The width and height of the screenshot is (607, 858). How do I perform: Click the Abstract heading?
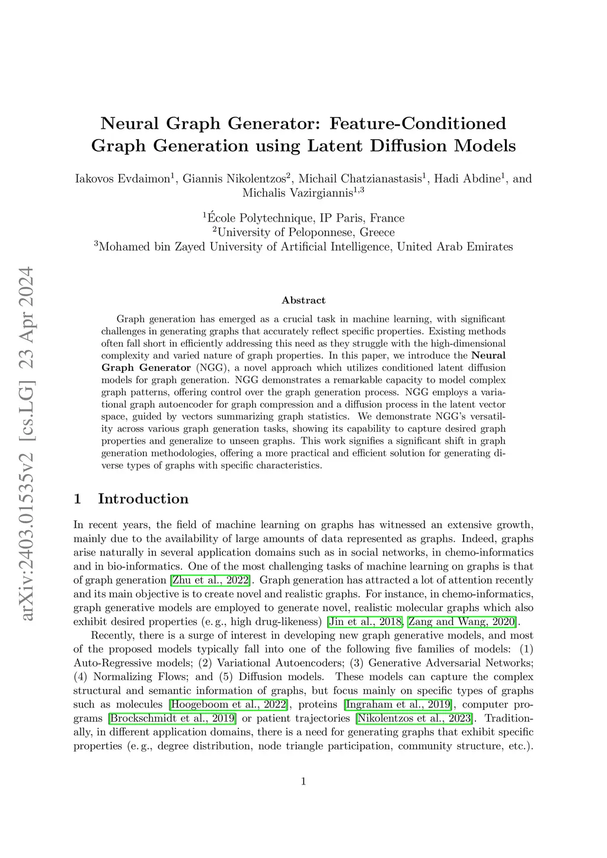[x=303, y=300]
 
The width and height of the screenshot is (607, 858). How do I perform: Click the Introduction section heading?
[x=143, y=499]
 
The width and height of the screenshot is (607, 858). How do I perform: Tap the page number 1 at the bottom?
[x=303, y=782]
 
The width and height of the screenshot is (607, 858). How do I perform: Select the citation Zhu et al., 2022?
[x=210, y=580]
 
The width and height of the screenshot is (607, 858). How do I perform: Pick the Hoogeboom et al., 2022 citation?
[x=229, y=705]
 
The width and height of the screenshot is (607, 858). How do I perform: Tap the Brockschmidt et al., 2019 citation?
[x=172, y=718]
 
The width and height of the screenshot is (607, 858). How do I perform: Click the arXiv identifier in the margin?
[x=27, y=444]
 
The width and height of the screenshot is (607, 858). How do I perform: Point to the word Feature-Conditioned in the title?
[x=418, y=123]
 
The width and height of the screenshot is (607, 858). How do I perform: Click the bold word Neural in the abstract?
[x=488, y=356]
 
